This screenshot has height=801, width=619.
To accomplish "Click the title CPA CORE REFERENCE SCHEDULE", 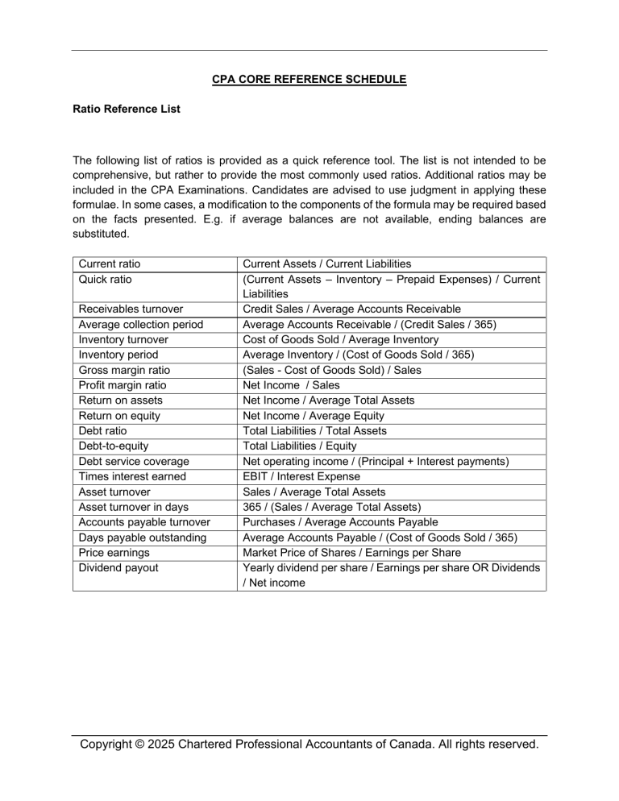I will tap(309, 79).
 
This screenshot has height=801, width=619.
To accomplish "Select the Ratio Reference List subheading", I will tap(127, 108).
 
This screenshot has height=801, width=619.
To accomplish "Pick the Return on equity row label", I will tap(119, 416).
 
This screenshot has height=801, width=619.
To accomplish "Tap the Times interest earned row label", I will tap(131, 477).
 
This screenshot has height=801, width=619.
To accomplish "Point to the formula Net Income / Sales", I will tap(291, 385).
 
